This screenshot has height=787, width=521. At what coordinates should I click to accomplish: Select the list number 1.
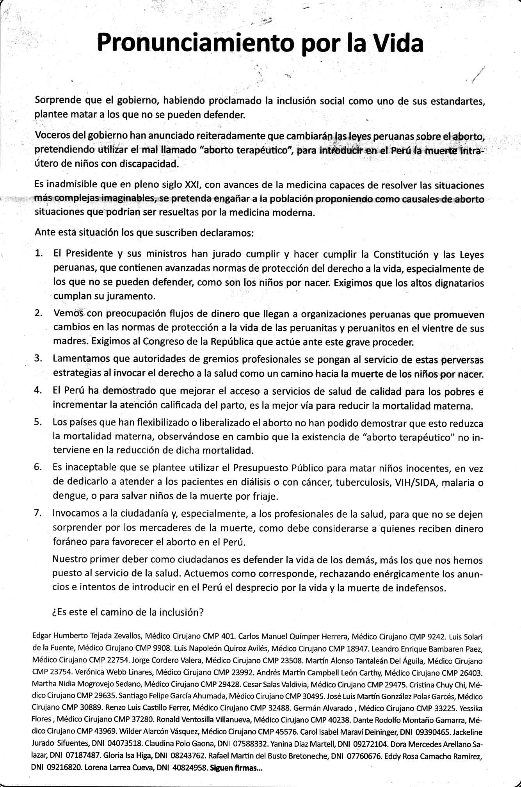[39, 253]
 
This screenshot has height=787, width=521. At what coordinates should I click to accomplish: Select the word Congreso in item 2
[162, 342]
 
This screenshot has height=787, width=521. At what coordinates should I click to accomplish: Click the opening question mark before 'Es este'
[54, 612]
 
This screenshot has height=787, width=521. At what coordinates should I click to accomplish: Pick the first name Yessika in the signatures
[472, 708]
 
